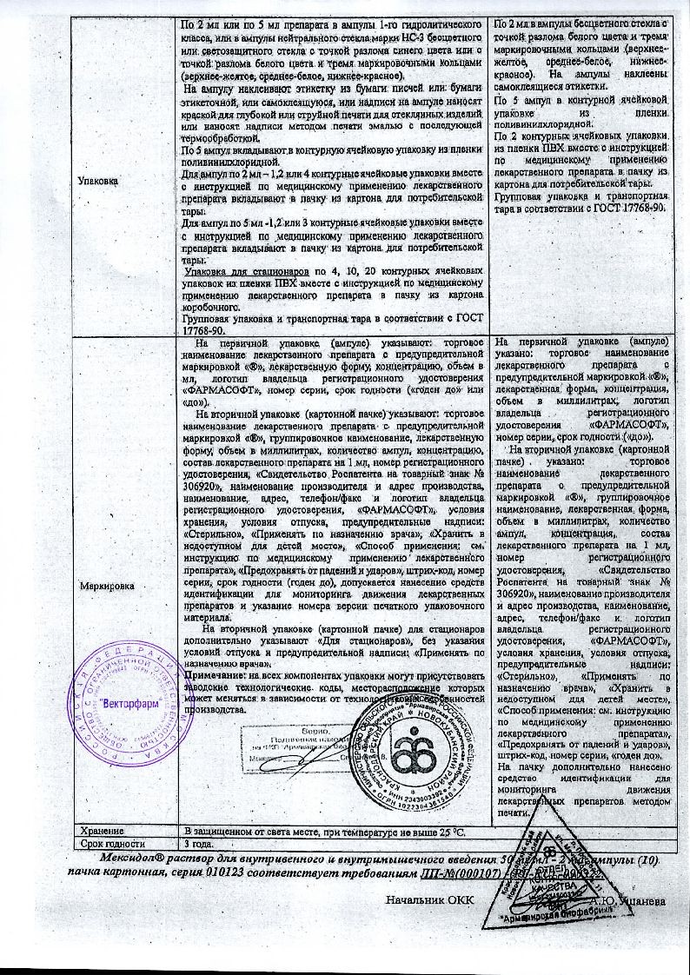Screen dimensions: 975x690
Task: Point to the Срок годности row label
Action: pos(108,844)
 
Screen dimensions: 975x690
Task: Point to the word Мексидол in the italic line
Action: pos(102,859)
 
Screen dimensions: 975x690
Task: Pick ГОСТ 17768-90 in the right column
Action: pos(631,209)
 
